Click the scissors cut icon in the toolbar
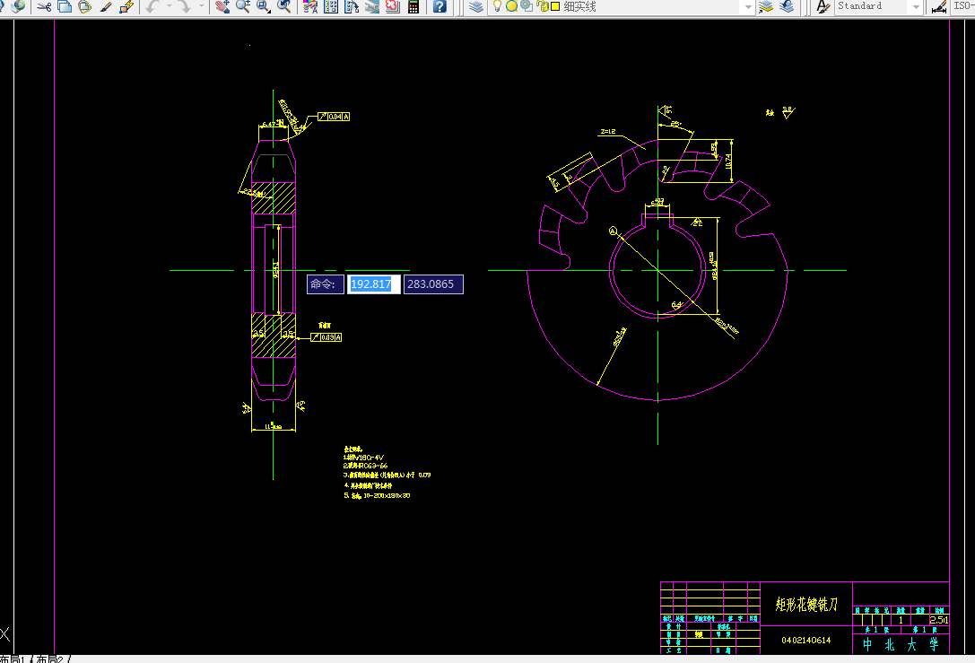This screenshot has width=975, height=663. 43,6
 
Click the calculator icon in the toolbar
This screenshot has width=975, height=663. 414,6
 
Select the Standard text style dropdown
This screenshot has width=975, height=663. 877,6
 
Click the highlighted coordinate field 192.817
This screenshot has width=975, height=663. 370,284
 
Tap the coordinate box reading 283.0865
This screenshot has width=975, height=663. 432,284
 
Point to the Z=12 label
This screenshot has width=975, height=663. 606,132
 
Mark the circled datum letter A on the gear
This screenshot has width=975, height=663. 614,231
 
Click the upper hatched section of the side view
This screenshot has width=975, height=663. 273,197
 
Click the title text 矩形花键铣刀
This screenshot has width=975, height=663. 806,604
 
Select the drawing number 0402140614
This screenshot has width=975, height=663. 805,641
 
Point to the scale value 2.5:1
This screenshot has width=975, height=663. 939,620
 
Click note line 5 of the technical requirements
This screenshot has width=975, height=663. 377,495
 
